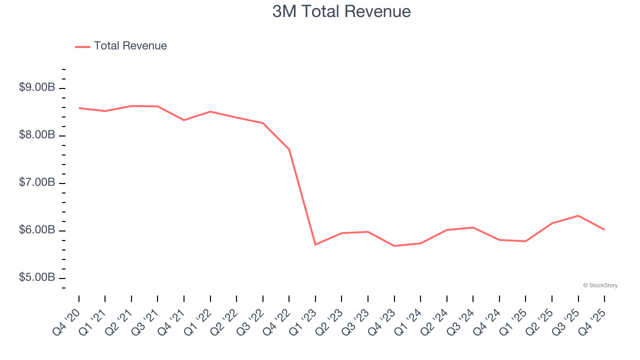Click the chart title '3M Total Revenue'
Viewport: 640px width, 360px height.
[x=341, y=11]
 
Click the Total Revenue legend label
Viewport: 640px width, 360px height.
[x=130, y=46]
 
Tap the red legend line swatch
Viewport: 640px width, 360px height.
[x=82, y=46]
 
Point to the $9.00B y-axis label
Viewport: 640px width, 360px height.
[x=37, y=87]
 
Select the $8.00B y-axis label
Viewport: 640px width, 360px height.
[x=37, y=135]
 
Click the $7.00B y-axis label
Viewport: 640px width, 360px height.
[x=37, y=182]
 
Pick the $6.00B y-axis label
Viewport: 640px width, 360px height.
[x=37, y=230]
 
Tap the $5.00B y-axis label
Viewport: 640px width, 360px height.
[x=37, y=277]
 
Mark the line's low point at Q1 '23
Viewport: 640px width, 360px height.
[x=315, y=244]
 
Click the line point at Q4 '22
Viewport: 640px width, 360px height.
[x=289, y=149]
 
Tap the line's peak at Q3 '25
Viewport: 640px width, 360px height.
[x=578, y=215]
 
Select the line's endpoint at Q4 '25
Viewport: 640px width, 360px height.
[x=604, y=229]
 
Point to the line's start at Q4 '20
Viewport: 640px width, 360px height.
[x=79, y=108]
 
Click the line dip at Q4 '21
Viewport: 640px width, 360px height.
[x=184, y=120]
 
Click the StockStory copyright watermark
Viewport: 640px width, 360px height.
[x=600, y=285]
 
